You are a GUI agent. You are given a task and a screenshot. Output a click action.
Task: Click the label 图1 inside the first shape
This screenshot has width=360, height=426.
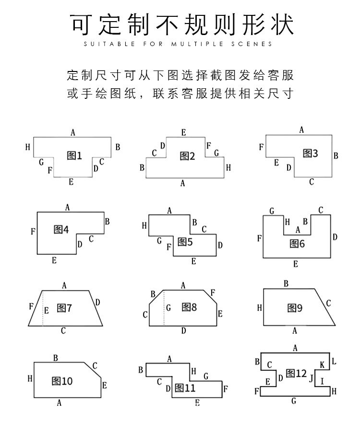74,155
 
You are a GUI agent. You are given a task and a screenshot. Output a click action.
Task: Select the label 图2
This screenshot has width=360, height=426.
187,155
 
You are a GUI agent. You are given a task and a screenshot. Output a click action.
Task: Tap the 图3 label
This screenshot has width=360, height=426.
310,153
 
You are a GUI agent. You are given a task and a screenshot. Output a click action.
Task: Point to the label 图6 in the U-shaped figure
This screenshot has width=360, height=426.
297,243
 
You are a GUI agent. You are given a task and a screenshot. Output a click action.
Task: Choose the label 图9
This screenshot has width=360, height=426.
295,308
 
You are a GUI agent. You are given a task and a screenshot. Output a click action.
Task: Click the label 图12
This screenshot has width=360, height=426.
296,373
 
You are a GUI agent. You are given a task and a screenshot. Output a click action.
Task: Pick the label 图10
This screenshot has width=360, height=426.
62,381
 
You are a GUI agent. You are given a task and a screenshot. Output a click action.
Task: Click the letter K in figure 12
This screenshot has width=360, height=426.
322,366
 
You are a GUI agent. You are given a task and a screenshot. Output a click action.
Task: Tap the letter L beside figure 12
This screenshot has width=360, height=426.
334,361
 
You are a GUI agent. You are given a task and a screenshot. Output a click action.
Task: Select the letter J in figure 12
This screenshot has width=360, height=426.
311,378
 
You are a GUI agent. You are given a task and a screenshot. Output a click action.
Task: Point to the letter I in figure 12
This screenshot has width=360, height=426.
322,381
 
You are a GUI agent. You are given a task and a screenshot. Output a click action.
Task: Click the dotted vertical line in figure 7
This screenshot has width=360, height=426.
42,308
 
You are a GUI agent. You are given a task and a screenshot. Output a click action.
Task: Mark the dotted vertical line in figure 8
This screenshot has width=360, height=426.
164,308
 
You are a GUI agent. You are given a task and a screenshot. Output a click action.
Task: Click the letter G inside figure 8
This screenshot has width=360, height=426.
168,308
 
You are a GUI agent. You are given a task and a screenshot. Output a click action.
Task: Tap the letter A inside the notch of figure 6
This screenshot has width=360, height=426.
298,230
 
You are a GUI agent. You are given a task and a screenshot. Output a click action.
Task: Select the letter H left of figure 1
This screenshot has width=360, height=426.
28,147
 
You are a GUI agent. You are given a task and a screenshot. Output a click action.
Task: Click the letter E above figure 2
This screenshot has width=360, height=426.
184,132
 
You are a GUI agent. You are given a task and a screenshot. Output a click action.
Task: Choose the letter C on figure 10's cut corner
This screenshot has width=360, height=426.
95,366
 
